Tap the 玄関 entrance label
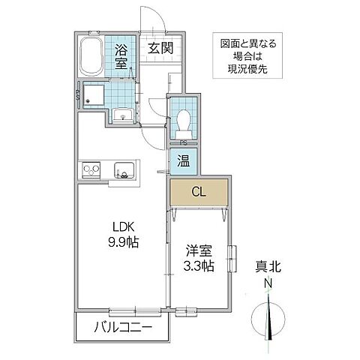(x=157, y=49)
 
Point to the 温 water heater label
(x=183, y=160)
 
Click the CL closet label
(x=198, y=190)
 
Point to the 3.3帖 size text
(x=199, y=265)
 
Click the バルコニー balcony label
(x=124, y=328)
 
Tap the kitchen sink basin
(x=121, y=169)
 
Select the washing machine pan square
(x=95, y=94)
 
